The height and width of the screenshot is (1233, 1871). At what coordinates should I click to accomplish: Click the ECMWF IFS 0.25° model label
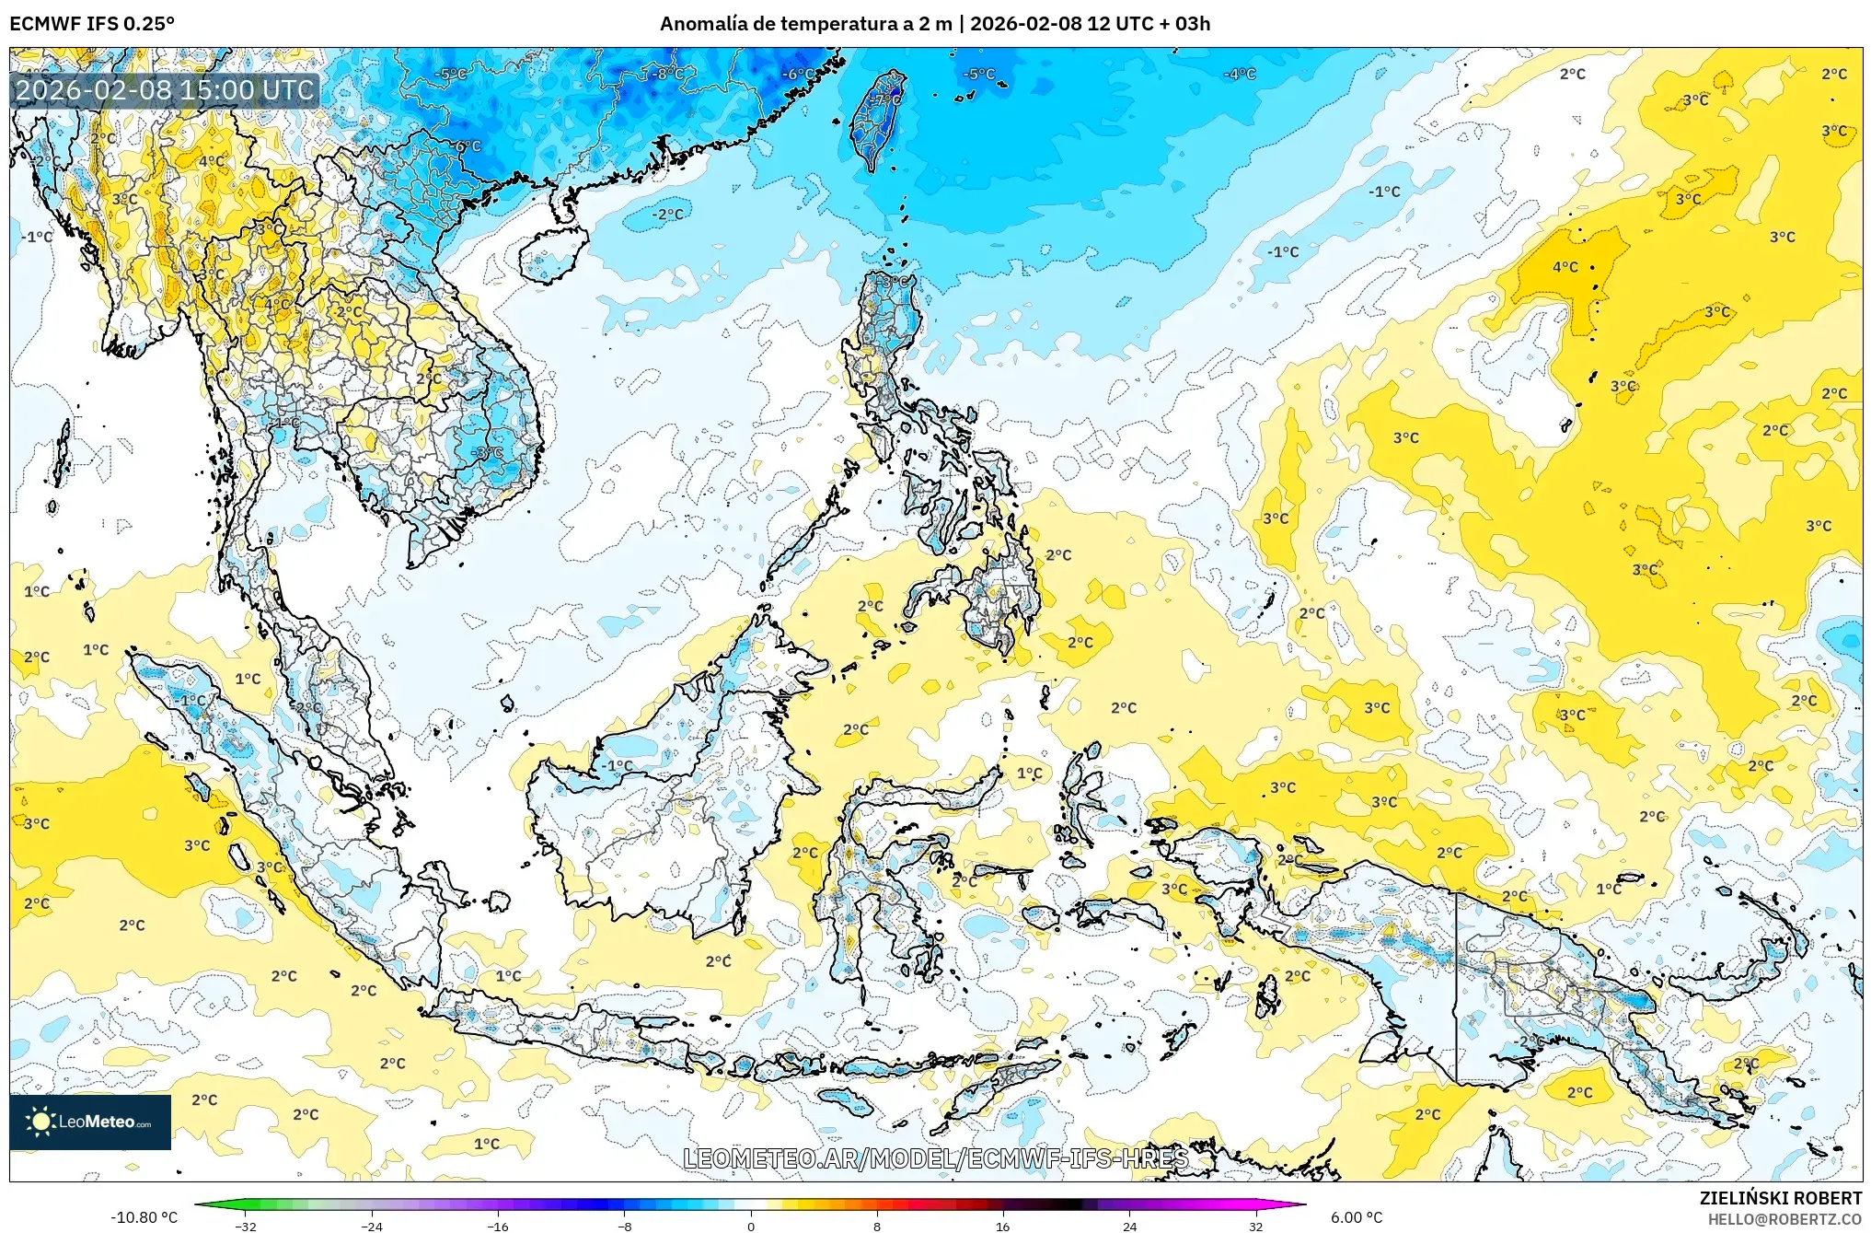[92, 24]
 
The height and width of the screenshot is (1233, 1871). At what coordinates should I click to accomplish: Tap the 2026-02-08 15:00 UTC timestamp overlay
[165, 90]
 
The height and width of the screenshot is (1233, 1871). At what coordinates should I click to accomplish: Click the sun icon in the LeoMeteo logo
[40, 1121]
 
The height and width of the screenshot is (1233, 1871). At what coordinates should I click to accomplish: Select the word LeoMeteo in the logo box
[97, 1122]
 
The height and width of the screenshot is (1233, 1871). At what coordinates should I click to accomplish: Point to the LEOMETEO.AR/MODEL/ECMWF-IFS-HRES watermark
[935, 1158]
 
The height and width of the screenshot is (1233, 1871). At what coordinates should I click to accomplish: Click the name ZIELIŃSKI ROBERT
[1780, 1198]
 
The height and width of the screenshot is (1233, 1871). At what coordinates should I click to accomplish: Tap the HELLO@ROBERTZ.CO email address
[1784, 1219]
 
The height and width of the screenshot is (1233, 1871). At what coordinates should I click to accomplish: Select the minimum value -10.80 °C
[144, 1217]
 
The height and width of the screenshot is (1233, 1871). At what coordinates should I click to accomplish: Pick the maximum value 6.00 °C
[1356, 1217]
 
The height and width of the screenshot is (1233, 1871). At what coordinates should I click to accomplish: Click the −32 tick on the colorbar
[245, 1227]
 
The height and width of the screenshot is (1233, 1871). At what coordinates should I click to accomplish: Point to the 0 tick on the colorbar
[751, 1227]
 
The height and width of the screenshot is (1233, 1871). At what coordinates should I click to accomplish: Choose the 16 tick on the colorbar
[1002, 1227]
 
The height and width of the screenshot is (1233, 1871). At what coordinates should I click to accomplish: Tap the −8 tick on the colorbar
[624, 1227]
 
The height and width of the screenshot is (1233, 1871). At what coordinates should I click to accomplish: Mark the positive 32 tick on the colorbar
[1255, 1227]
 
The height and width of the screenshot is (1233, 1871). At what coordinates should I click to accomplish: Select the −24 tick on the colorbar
[371, 1227]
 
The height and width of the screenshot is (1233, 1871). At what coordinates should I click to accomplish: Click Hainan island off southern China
[552, 253]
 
